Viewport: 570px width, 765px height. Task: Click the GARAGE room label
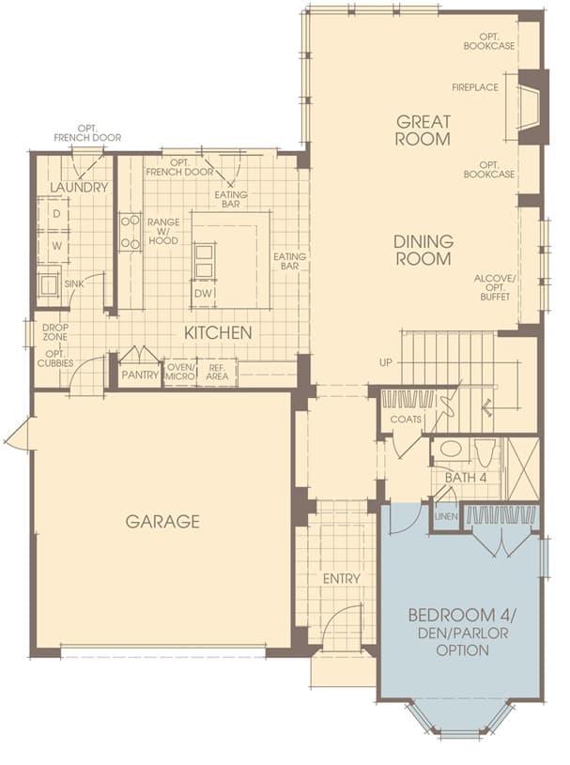point(162,521)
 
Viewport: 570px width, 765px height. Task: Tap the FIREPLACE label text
point(475,87)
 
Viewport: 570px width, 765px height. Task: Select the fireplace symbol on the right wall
point(531,107)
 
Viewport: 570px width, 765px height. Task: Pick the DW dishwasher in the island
point(204,293)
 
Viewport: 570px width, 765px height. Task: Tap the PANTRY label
point(140,375)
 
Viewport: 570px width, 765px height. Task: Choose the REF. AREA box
point(217,372)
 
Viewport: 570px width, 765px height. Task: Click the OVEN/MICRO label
point(180,372)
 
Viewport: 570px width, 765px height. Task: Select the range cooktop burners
point(131,232)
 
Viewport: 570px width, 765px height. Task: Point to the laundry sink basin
point(49,285)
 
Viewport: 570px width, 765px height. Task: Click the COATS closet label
point(406,419)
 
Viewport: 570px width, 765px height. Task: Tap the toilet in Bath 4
point(485,452)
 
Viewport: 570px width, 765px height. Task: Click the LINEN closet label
point(446,516)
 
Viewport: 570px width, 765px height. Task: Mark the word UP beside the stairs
point(386,363)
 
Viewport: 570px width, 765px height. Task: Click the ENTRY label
point(342,578)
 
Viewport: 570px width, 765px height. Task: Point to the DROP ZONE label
point(54,331)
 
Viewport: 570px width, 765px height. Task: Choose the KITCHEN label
point(218,332)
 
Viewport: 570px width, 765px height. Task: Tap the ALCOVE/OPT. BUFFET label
point(495,287)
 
